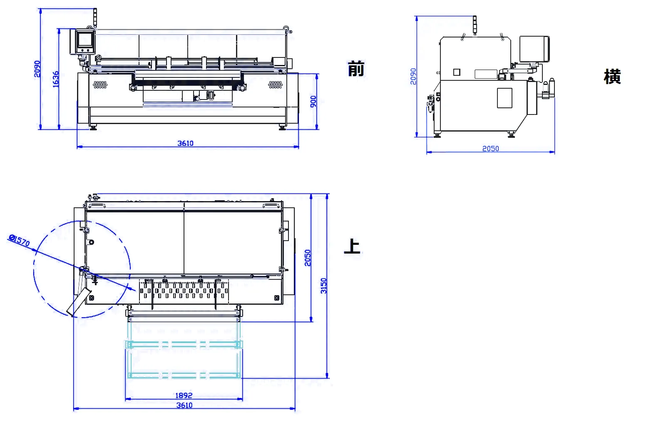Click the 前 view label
[x=356, y=69]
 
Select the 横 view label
[x=612, y=77]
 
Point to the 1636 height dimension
[x=56, y=79]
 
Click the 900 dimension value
[x=313, y=101]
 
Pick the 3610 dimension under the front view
[x=186, y=143]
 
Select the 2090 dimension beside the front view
[x=37, y=69]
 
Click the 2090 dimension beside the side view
[x=413, y=76]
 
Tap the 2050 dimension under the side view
[x=490, y=149]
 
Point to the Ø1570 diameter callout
[x=19, y=240]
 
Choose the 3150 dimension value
[x=324, y=286]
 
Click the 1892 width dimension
[x=184, y=396]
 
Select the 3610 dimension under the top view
[x=184, y=405]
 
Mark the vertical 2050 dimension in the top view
[x=308, y=258]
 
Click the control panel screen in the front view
[x=85, y=40]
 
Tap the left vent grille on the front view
[x=100, y=85]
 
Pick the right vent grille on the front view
[x=276, y=85]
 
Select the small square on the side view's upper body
[x=457, y=72]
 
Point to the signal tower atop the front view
[x=95, y=17]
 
